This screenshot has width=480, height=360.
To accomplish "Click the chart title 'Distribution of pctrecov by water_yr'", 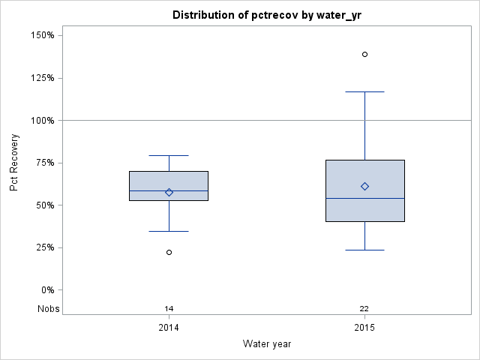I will pyautogui.click(x=267, y=15).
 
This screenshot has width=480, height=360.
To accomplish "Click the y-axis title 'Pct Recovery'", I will pyautogui.click(x=14, y=163).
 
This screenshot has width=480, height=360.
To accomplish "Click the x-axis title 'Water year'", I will pyautogui.click(x=267, y=343).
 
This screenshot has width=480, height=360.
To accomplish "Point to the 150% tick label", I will pyautogui.click(x=40, y=35).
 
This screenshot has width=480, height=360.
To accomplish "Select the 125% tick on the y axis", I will pyautogui.click(x=40, y=78).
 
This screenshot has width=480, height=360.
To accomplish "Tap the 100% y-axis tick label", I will pyautogui.click(x=40, y=120).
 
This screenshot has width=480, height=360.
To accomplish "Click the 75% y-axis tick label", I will pyautogui.click(x=43, y=163).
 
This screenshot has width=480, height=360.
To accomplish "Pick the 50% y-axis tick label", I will pyautogui.click(x=43, y=205).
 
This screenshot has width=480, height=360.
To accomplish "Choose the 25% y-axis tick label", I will pyautogui.click(x=43, y=247).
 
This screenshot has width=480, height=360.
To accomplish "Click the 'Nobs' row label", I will pyautogui.click(x=48, y=309).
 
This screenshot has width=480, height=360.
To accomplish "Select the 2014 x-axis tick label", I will pyautogui.click(x=169, y=328).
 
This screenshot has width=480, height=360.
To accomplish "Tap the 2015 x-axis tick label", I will pyautogui.click(x=364, y=328).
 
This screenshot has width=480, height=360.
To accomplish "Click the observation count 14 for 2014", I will pyautogui.click(x=169, y=309).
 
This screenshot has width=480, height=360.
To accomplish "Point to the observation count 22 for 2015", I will pyautogui.click(x=364, y=309).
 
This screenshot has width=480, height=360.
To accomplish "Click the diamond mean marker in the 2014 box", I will pyautogui.click(x=169, y=192).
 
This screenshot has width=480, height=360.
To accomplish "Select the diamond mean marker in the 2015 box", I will pyautogui.click(x=364, y=186).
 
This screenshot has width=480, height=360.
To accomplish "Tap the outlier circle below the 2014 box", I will pyautogui.click(x=169, y=252).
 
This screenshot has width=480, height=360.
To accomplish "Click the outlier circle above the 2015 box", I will pyautogui.click(x=364, y=54).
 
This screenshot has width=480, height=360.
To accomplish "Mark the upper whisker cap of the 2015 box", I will pyautogui.click(x=364, y=91).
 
